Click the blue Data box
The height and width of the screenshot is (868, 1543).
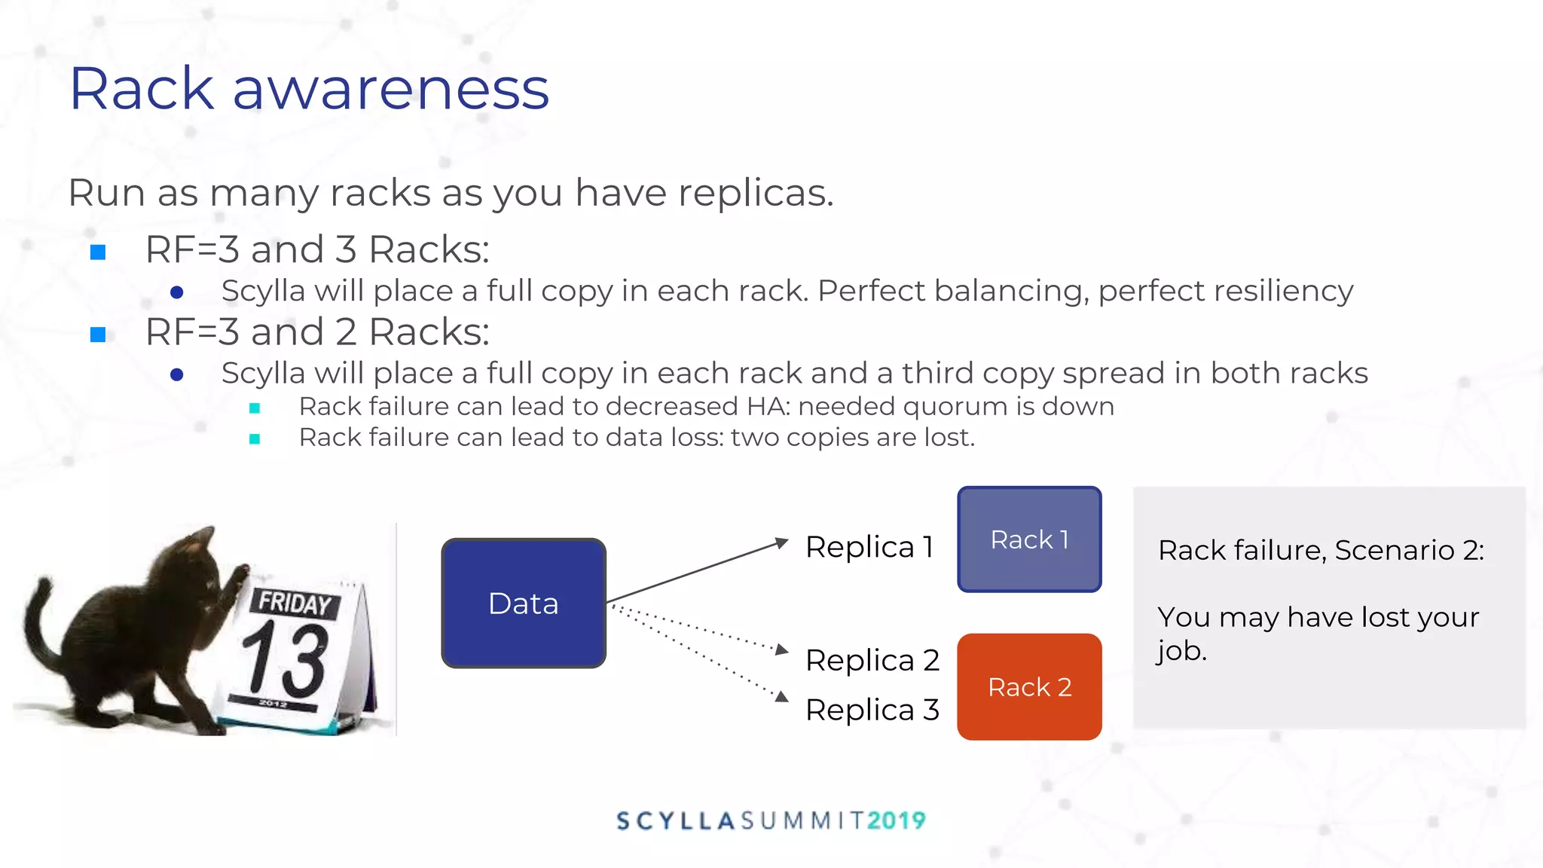[524, 603]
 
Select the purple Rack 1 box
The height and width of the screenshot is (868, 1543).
[1029, 539]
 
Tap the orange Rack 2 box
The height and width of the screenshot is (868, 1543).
[1029, 686]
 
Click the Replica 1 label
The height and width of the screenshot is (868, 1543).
[869, 547]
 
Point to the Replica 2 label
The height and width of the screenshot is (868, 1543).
[872, 660]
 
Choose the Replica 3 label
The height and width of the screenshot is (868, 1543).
[872, 710]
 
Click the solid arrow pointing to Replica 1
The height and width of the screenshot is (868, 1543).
[697, 571]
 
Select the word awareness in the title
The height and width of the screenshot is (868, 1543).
[391, 89]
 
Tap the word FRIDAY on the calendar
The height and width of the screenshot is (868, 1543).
[295, 603]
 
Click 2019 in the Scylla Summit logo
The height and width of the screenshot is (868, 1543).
[896, 821]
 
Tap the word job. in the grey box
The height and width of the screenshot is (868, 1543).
[1181, 651]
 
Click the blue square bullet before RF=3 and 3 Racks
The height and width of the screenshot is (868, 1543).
[98, 252]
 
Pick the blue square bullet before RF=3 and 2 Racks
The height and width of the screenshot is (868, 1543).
[98, 335]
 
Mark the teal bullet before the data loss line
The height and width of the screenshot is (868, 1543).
[255, 439]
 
